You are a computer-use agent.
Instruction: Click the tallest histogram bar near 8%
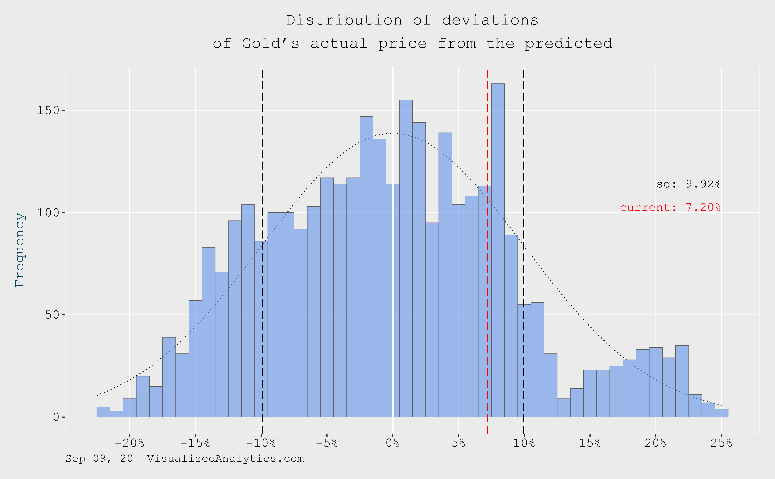click(x=498, y=250)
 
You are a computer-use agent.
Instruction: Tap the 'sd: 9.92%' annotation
click(x=689, y=184)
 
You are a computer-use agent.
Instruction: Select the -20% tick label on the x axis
click(x=130, y=443)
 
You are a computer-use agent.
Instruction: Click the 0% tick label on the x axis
click(x=393, y=443)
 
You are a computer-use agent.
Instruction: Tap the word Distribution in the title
click(x=344, y=20)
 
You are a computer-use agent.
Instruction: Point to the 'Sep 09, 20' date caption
click(x=99, y=459)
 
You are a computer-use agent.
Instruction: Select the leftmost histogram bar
click(x=103, y=412)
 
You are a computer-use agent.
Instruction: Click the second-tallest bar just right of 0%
click(x=406, y=259)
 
